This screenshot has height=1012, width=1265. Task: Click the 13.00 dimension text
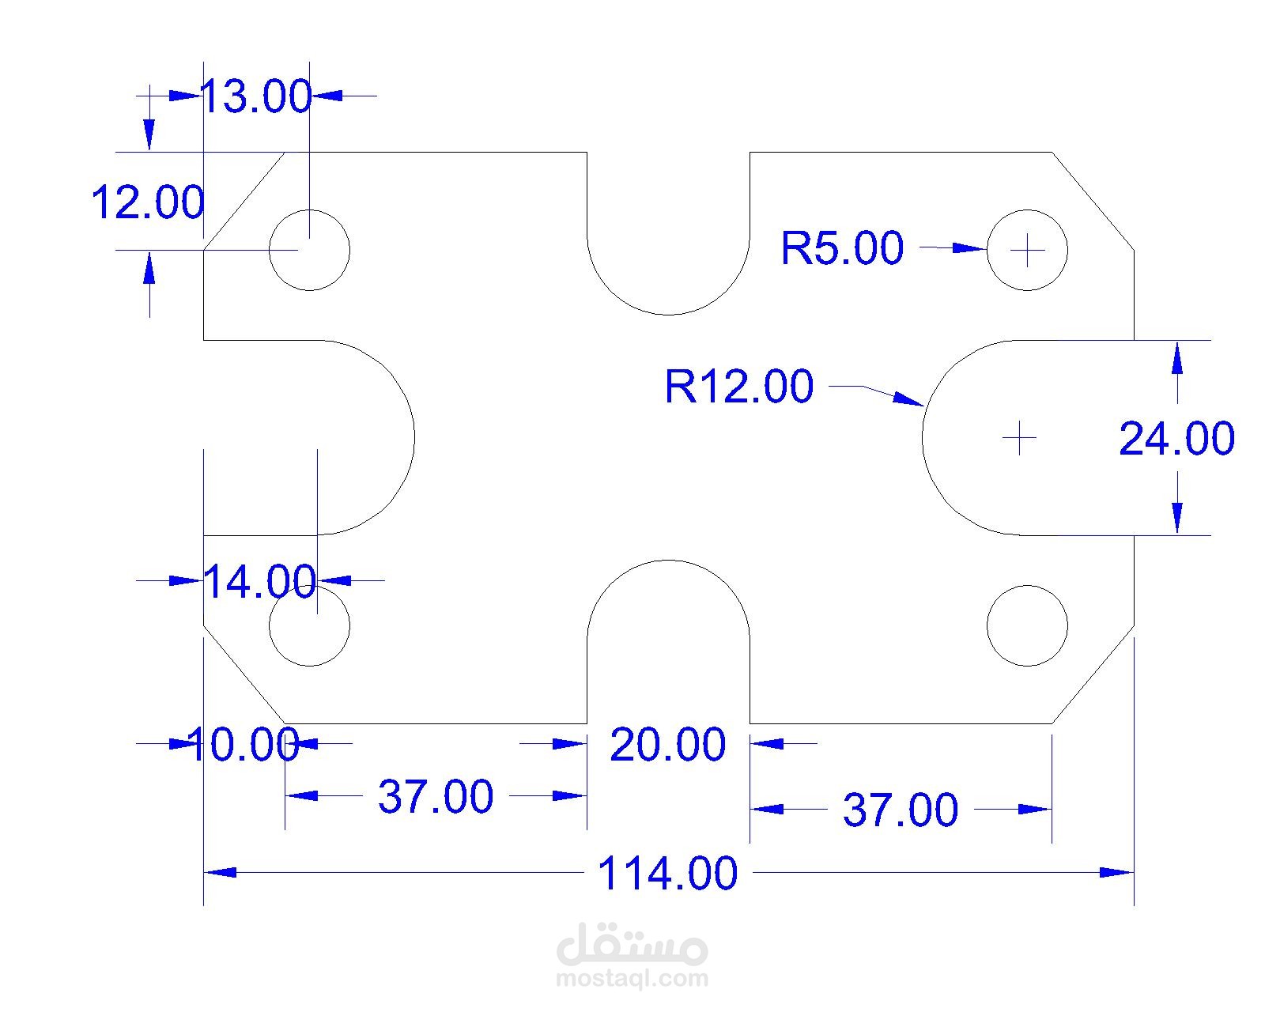255,96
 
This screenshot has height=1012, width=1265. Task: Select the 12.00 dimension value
148,202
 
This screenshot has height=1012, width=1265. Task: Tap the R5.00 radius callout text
842,247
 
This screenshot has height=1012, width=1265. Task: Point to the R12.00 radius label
739,387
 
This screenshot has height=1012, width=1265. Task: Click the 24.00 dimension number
1176,438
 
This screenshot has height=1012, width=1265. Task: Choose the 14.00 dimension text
260,581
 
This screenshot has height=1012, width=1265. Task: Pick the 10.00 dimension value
244,744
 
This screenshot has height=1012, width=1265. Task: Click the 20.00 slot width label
668,745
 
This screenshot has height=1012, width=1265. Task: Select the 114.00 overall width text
667,873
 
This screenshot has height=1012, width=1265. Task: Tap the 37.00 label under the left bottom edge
436,796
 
